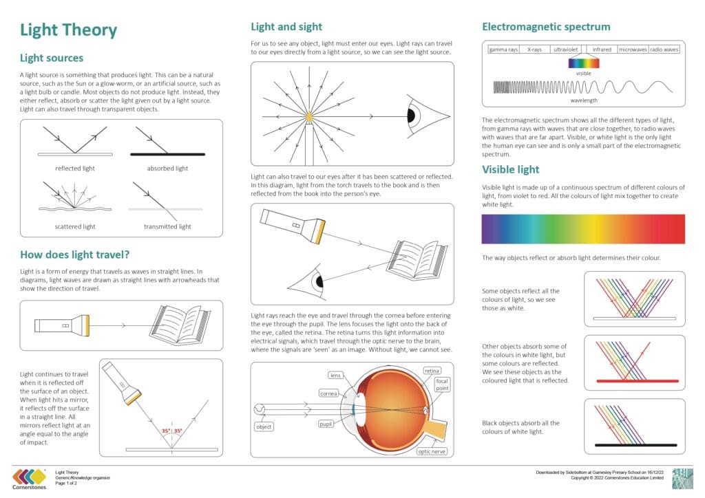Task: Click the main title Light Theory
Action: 68,30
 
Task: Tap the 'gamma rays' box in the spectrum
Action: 503,50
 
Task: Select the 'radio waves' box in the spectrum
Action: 664,50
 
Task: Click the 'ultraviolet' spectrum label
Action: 566,50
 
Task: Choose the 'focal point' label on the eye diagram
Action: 441,385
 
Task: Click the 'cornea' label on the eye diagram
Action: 328,393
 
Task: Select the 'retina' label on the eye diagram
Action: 432,371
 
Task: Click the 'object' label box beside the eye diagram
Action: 264,426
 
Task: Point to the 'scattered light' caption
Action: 75,226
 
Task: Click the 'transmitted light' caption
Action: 167,226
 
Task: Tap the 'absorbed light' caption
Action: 167,168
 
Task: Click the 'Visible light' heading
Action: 510,170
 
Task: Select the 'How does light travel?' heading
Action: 75,255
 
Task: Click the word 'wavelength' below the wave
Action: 584,100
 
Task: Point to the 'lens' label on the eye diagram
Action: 335,376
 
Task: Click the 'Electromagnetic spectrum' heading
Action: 546,28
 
